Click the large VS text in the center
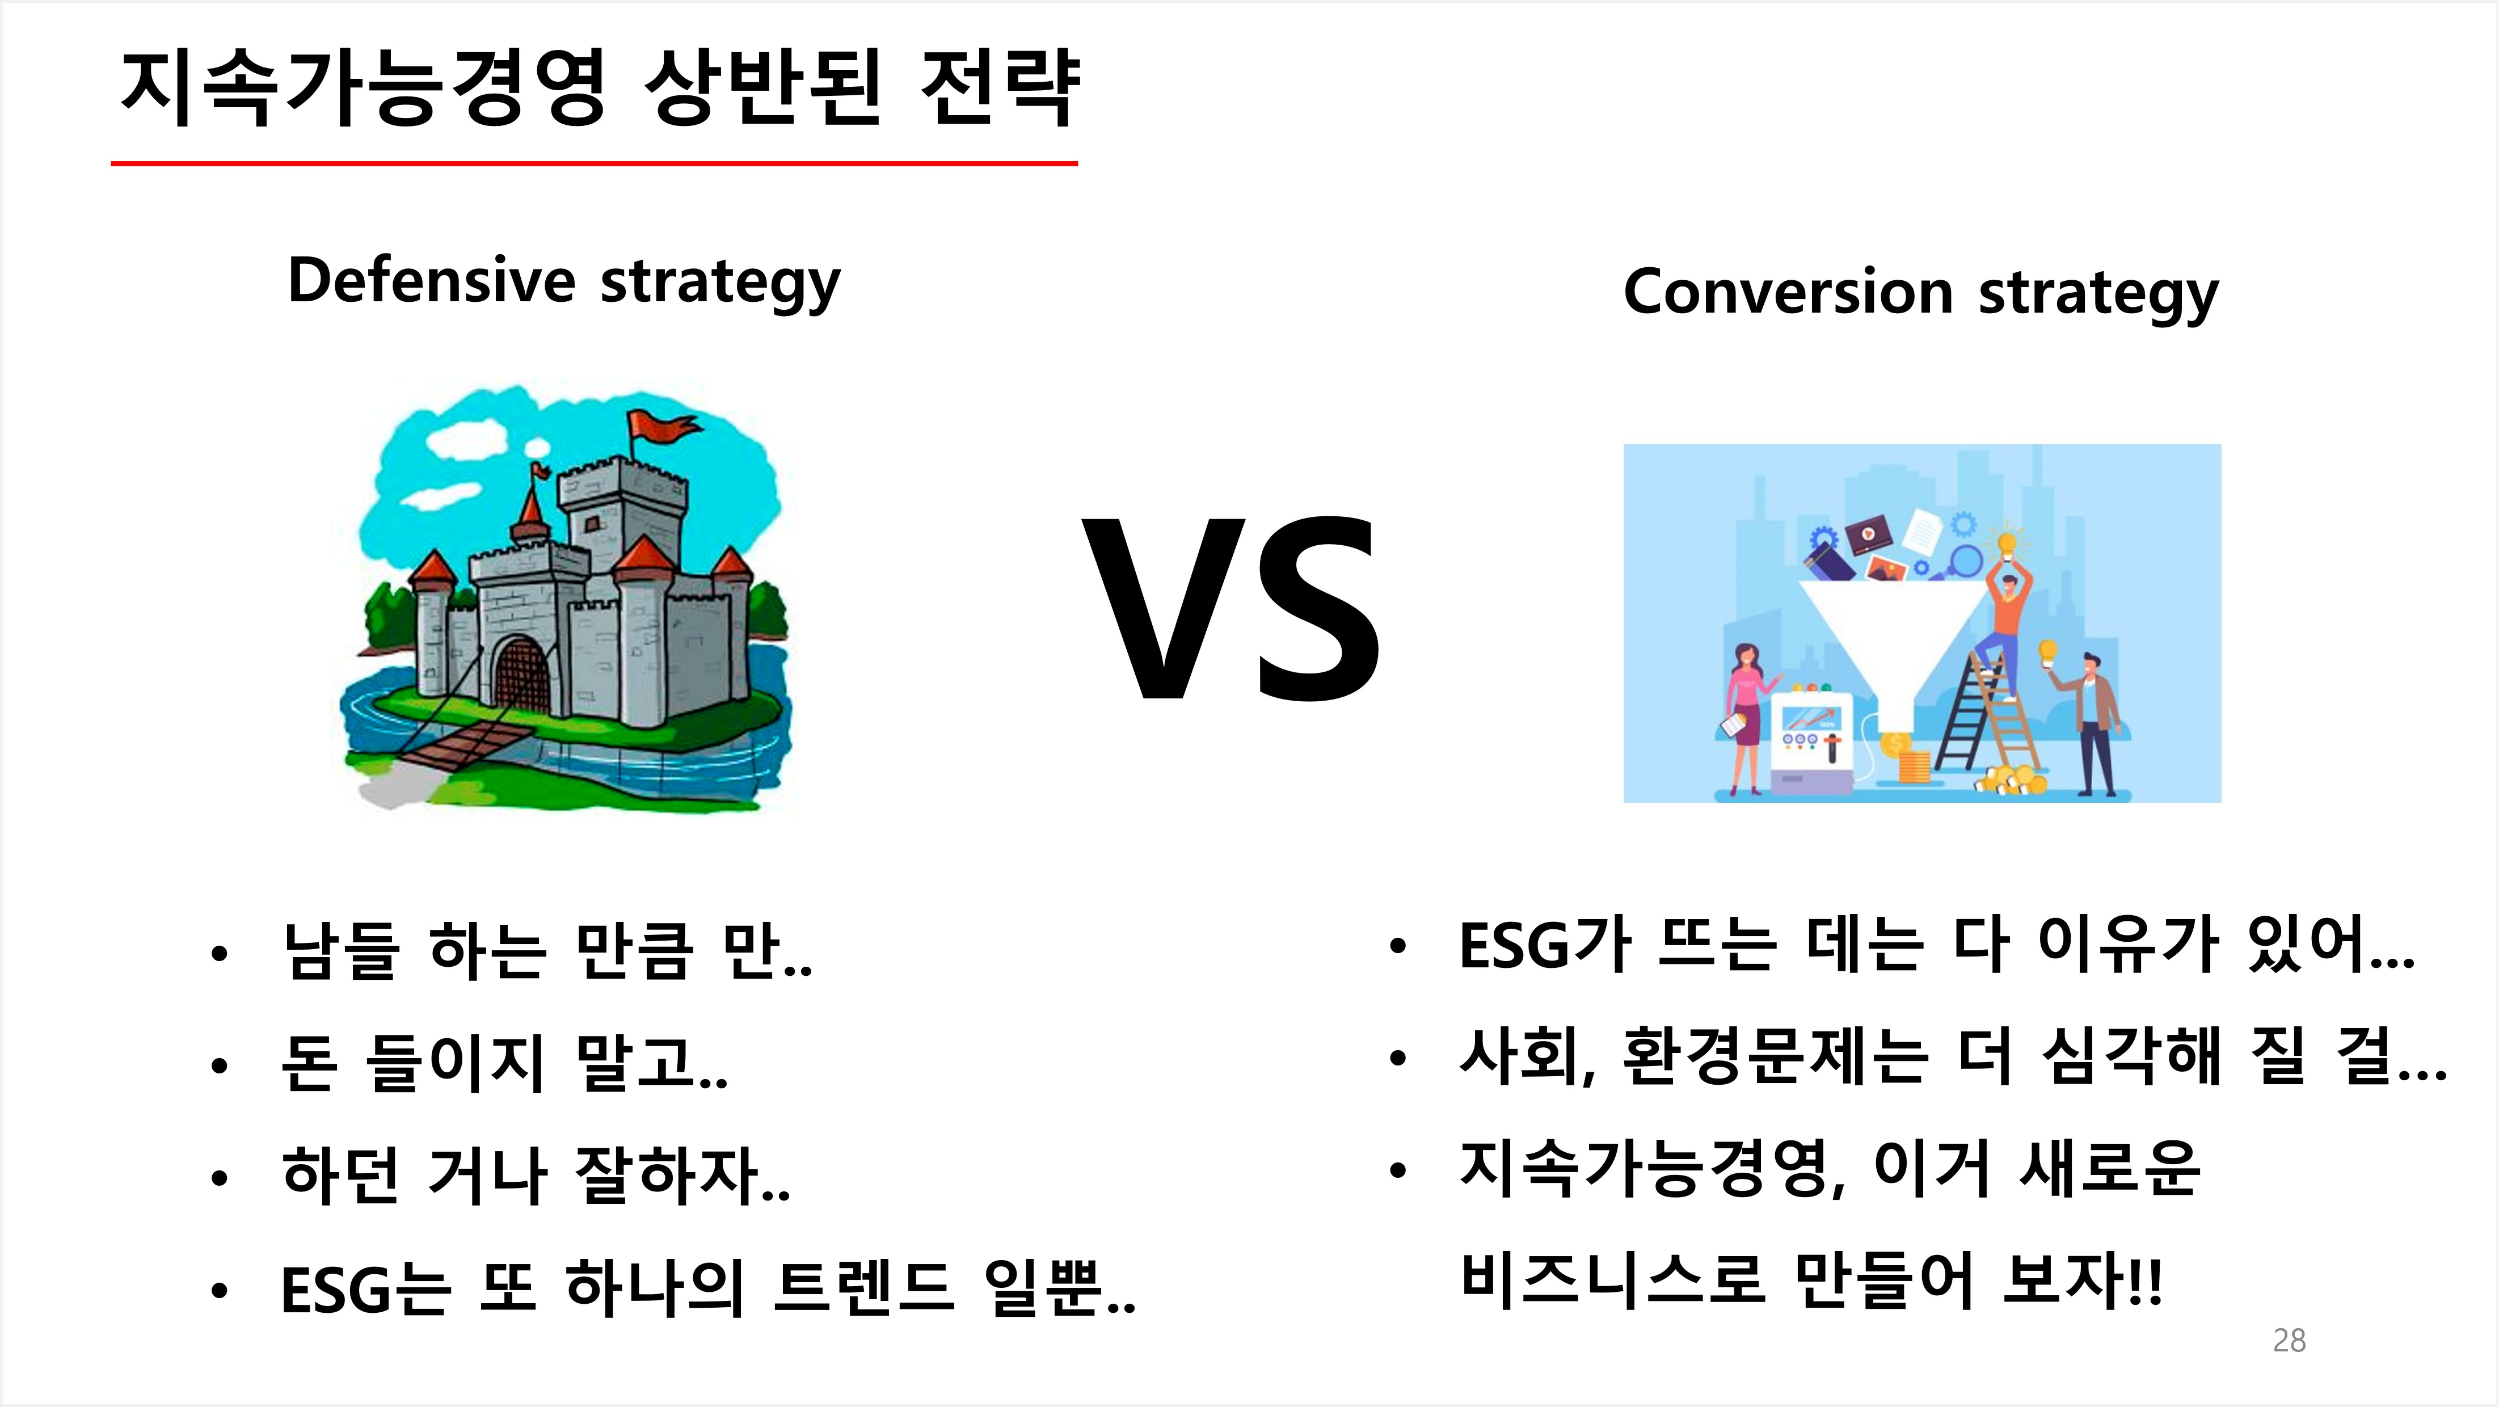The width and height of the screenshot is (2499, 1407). [1232, 608]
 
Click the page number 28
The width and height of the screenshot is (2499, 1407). [2289, 1340]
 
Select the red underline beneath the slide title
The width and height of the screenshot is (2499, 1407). [595, 163]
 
